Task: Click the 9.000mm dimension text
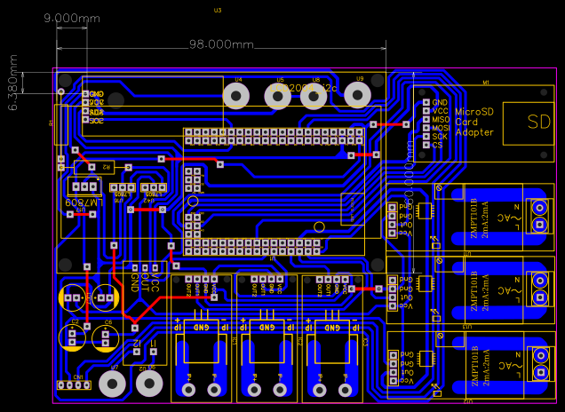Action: pos(72,18)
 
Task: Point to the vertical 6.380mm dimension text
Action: pos(13,82)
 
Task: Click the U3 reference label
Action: pos(218,10)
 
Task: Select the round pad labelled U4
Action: pos(236,96)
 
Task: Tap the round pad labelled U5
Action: pos(279,96)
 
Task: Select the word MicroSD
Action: pos(473,112)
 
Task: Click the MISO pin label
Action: pos(441,119)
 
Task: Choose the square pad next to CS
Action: pos(426,145)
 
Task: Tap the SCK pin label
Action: pos(440,136)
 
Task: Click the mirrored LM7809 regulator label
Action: pos(84,202)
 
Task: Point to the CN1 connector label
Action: pos(78,377)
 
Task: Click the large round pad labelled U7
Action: pos(112,384)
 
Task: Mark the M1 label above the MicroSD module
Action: pos(485,83)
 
